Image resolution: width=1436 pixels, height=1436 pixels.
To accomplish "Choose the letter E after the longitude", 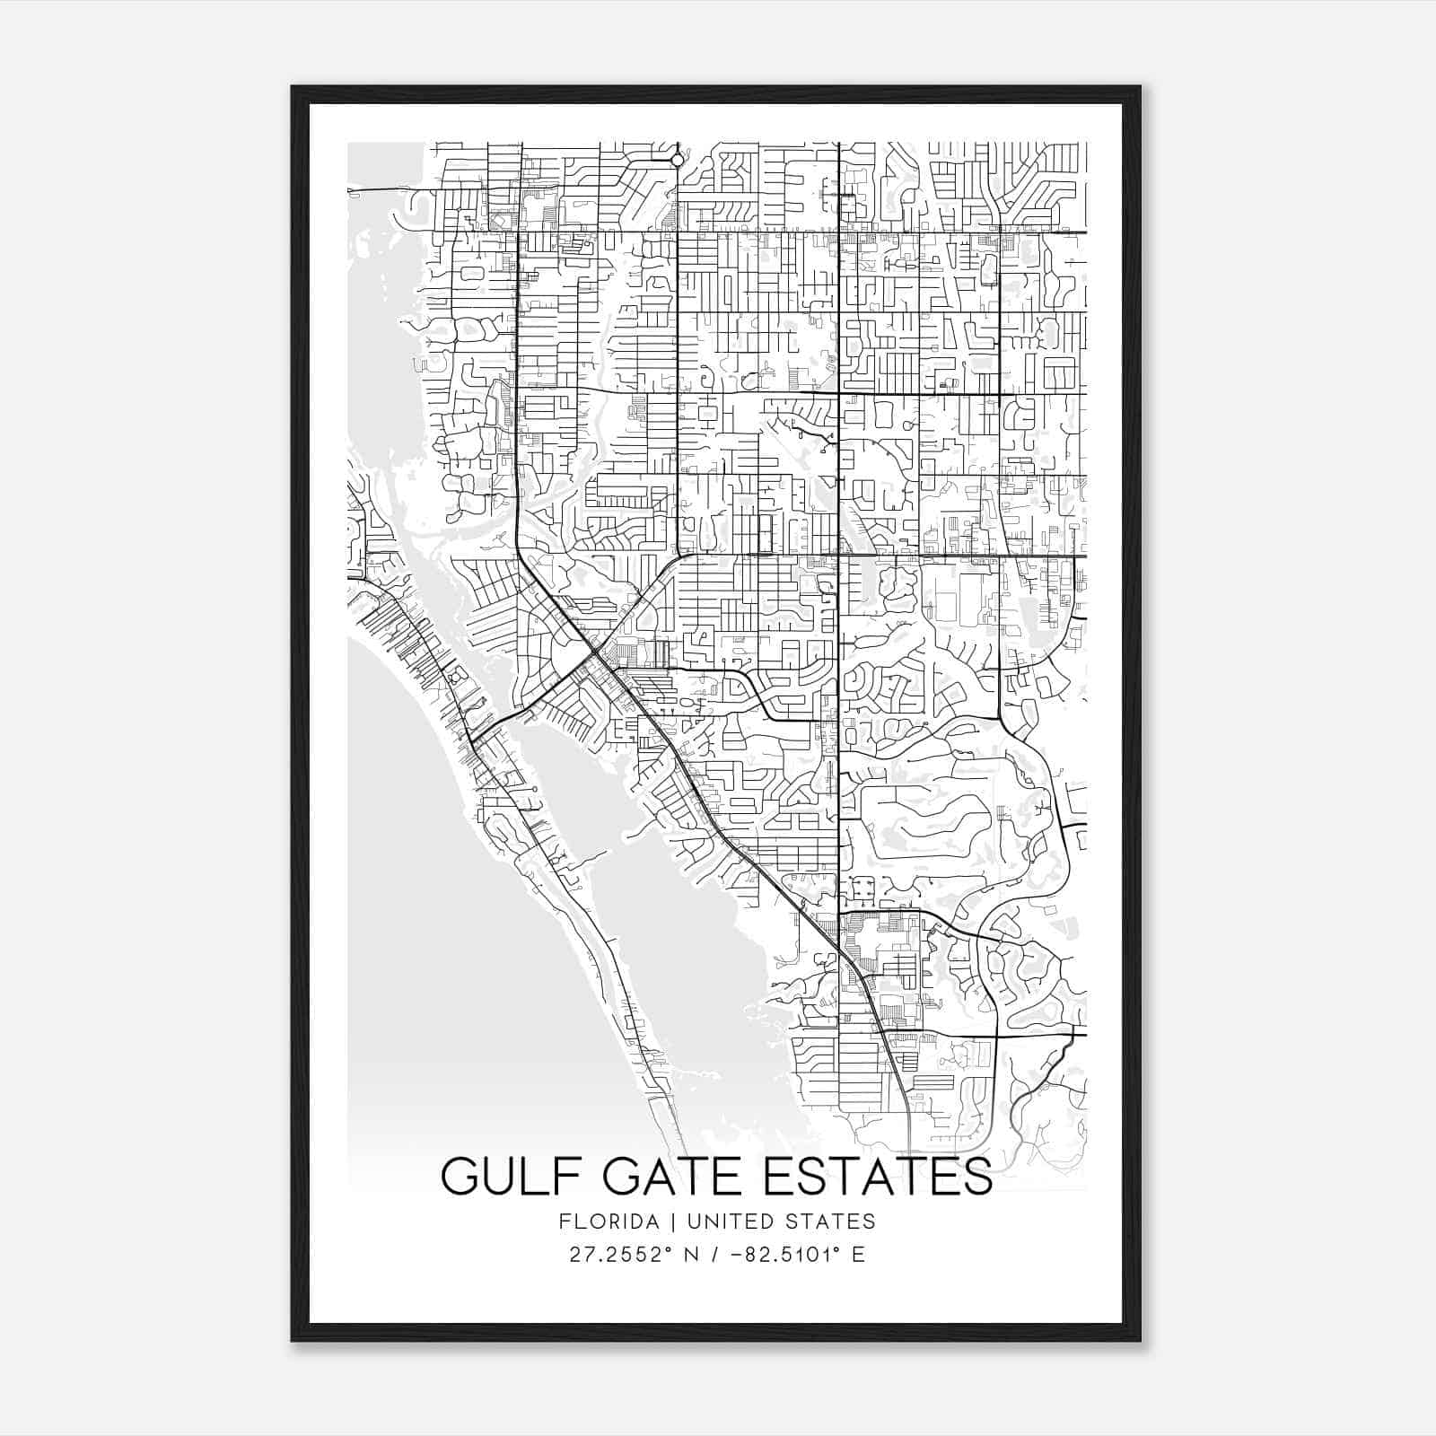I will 859,1254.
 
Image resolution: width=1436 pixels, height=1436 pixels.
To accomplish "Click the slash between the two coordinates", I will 717,1254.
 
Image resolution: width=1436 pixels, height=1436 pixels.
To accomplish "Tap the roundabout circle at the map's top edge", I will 677,161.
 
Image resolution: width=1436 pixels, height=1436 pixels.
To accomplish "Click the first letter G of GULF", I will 459,1178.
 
